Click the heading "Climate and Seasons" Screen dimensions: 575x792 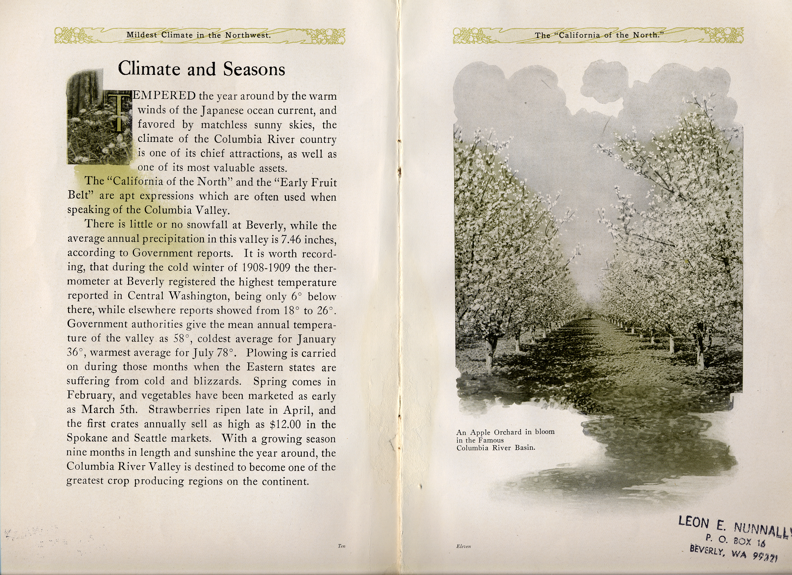pos(201,69)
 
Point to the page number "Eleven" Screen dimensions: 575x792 pos(463,546)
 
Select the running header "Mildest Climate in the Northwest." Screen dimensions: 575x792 pos(198,35)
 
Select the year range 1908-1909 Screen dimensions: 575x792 pos(266,268)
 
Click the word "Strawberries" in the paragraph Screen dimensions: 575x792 pos(179,410)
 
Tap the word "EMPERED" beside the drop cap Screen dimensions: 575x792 pos(164,96)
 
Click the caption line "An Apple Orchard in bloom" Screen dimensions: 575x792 pos(505,432)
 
